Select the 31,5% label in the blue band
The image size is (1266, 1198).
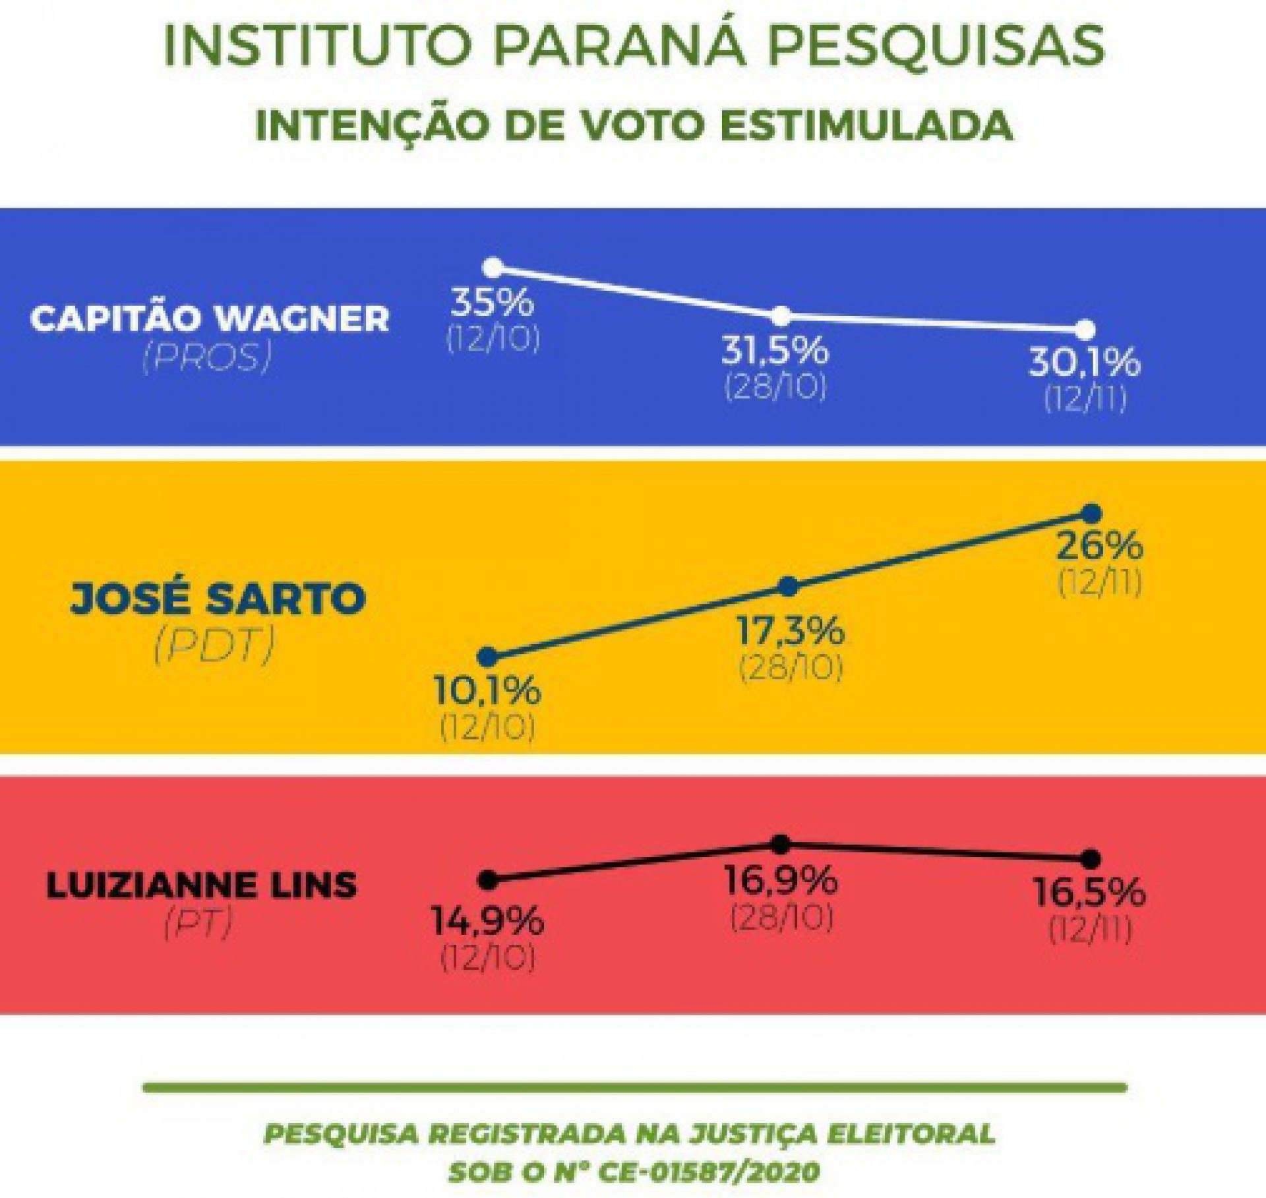pyautogui.click(x=775, y=350)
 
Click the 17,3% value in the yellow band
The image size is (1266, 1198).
pyautogui.click(x=790, y=631)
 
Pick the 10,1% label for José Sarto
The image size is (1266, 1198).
pyautogui.click(x=487, y=690)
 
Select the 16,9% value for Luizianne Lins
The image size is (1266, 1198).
pyautogui.click(x=783, y=880)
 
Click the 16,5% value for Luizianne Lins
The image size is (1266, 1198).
pyautogui.click(x=1090, y=893)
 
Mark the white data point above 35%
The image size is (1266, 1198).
pyautogui.click(x=493, y=267)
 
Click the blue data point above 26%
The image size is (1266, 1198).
pyautogui.click(x=1093, y=513)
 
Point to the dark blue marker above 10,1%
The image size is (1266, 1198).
pyautogui.click(x=488, y=656)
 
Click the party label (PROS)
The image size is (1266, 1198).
pyautogui.click(x=206, y=359)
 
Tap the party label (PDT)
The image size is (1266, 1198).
pyautogui.click(x=214, y=647)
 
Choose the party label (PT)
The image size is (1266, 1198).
pyautogui.click(x=198, y=925)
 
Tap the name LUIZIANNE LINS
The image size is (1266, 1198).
pyautogui.click(x=202, y=884)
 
